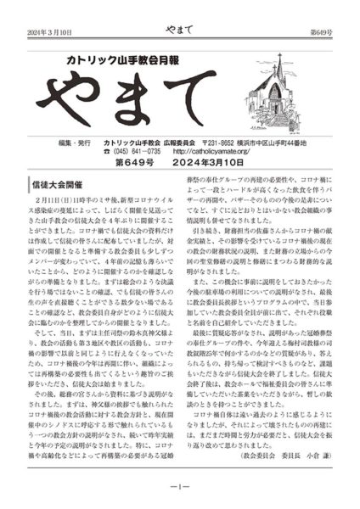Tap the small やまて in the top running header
pos(179,10)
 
